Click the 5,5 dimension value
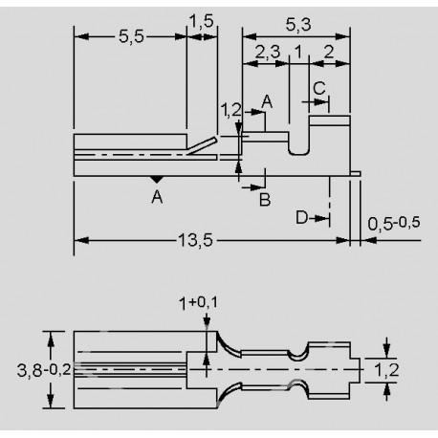[x=131, y=37]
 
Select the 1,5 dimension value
[x=201, y=20]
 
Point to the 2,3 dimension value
[x=269, y=53]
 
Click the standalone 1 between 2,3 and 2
[x=299, y=53]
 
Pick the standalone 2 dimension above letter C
[x=329, y=53]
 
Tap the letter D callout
[x=300, y=218]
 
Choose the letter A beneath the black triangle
[x=156, y=197]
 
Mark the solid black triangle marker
[x=156, y=180]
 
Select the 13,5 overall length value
[x=194, y=239]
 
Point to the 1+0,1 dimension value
[x=205, y=303]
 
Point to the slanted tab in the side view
[x=204, y=143]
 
